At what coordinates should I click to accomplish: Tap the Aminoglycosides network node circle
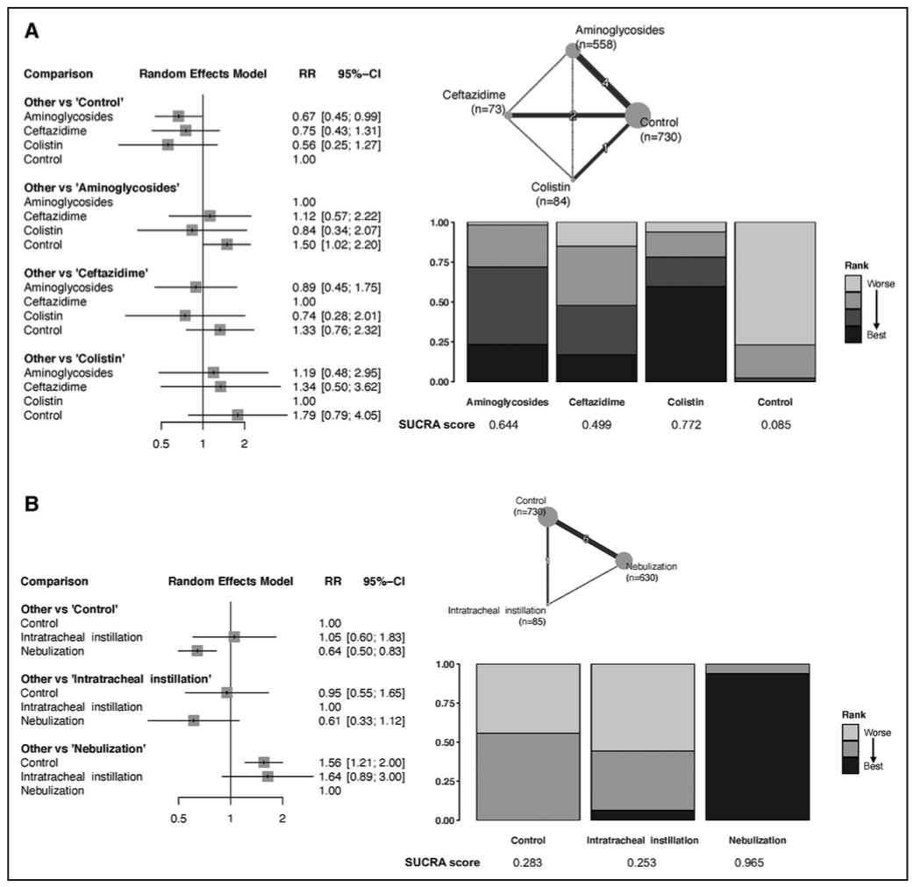click(x=573, y=51)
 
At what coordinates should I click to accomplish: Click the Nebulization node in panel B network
click(x=624, y=560)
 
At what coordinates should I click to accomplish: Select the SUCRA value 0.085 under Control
click(x=775, y=425)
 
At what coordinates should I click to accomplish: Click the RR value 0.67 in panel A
click(x=303, y=117)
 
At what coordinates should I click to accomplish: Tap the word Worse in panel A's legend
click(x=880, y=283)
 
